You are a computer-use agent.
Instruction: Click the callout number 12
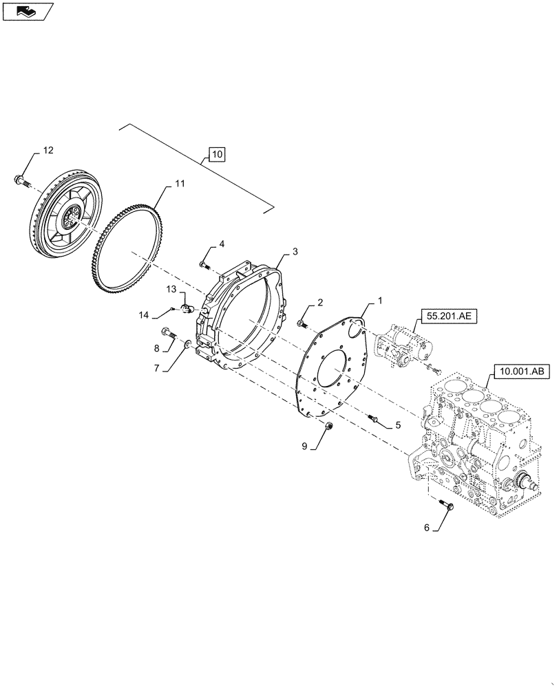(48, 150)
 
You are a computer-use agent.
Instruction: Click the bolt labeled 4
(204, 264)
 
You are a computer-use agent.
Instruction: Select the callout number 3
(295, 252)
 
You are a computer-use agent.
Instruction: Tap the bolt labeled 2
(303, 323)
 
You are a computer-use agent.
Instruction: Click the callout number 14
(144, 315)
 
